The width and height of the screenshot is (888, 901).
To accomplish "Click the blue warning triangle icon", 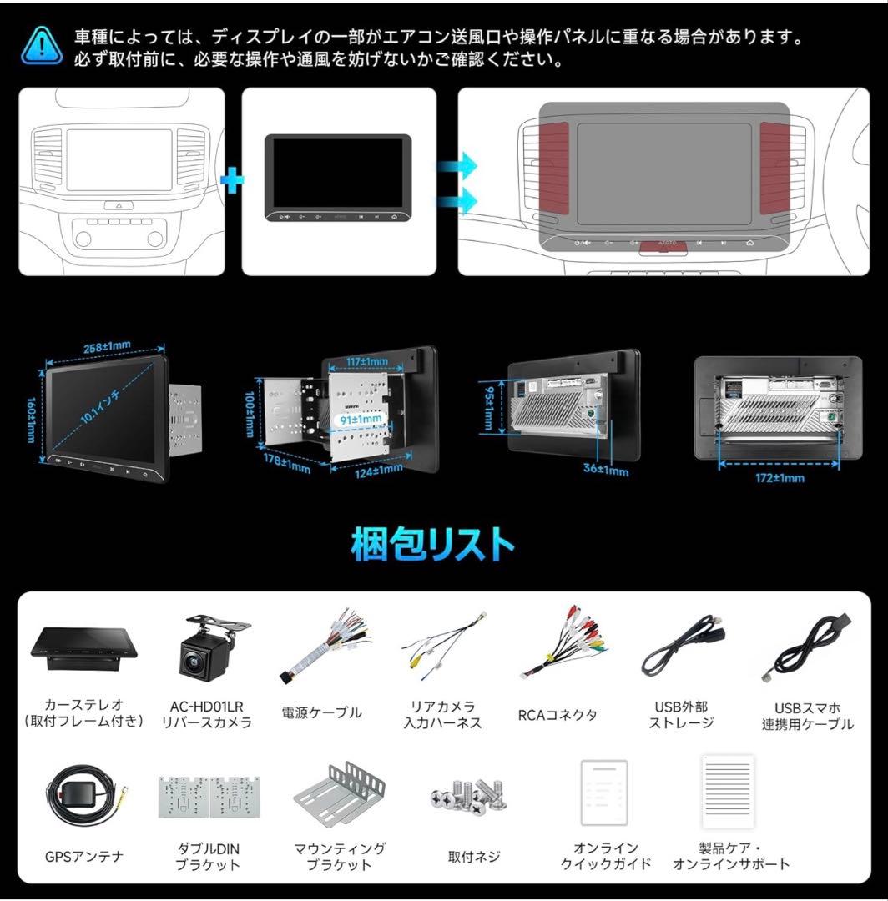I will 42,47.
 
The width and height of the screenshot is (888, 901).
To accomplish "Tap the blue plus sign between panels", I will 233,180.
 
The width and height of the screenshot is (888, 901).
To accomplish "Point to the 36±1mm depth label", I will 606,470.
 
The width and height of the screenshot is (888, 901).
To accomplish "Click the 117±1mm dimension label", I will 367,361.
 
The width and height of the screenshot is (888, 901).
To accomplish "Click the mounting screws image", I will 472,797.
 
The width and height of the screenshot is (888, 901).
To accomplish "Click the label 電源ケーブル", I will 322,713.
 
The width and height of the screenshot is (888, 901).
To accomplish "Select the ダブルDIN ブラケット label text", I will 207,857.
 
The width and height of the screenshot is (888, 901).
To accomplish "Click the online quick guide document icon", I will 604,793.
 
